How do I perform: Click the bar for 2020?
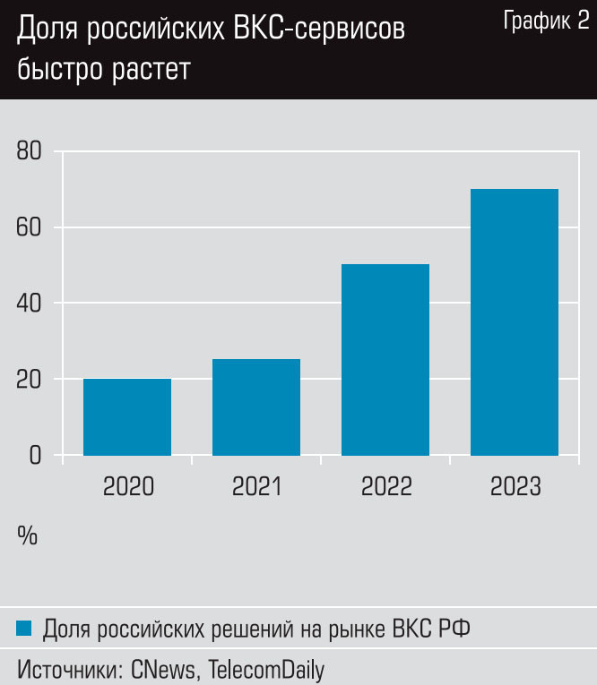[127, 416]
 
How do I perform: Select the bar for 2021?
[256, 407]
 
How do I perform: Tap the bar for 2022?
[385, 359]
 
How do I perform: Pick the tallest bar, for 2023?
[515, 321]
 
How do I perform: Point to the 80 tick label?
[30, 150]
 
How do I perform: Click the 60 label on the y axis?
[30, 227]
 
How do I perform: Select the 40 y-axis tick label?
[30, 303]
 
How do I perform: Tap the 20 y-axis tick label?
[30, 379]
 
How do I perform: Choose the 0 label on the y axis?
[36, 455]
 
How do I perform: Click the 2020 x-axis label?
[128, 487]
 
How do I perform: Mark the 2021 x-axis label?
[256, 487]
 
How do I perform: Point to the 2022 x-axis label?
[385, 487]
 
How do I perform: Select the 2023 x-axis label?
[515, 487]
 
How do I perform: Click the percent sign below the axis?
[27, 535]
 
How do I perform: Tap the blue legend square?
[24, 629]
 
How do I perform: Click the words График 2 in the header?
[546, 22]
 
